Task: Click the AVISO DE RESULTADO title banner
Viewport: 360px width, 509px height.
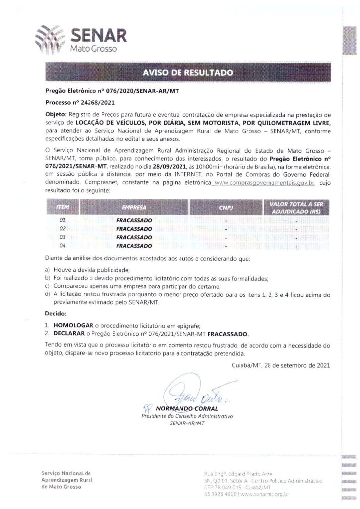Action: click(x=187, y=73)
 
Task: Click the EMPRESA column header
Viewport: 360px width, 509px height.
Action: click(x=134, y=205)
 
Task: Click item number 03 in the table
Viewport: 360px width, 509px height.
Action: click(x=62, y=237)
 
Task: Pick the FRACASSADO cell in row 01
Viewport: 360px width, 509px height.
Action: click(x=134, y=219)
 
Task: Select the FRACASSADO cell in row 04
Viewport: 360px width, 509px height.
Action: click(x=134, y=246)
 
